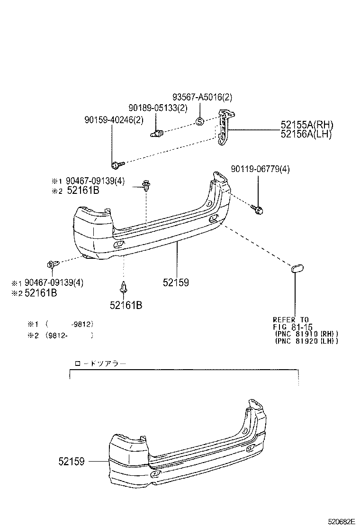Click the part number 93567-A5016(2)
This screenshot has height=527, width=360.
[202, 98]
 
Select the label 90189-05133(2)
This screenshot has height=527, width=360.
[158, 108]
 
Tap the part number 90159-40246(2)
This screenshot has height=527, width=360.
[111, 120]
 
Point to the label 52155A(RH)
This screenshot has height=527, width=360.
[306, 125]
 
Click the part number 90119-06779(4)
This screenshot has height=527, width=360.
[261, 169]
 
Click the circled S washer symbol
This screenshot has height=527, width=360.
[200, 121]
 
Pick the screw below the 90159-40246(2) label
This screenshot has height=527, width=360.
[117, 164]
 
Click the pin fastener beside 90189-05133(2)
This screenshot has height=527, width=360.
[157, 133]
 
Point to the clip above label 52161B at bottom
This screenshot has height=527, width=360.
[124, 287]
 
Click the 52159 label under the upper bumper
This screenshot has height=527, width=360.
[176, 282]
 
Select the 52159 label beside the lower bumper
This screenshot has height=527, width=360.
[72, 461]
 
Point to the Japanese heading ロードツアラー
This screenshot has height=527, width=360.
[100, 364]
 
